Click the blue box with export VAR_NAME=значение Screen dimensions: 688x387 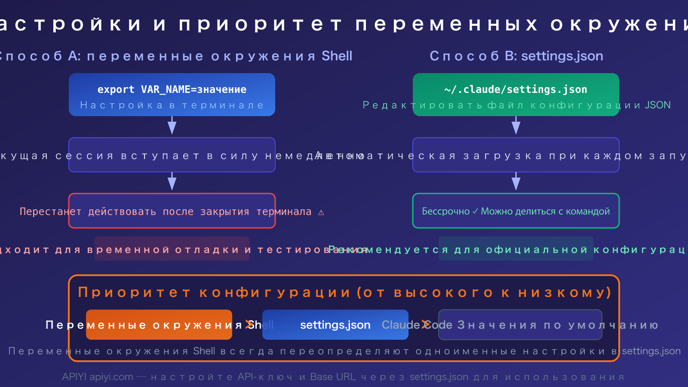tap(172, 95)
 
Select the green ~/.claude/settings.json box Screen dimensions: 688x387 tap(516, 95)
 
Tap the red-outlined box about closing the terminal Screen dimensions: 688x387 tap(172, 211)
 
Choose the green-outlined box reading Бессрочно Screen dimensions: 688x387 tap(516, 211)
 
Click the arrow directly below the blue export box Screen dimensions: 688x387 tap(172, 126)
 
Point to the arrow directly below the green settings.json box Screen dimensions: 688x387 tap(516, 126)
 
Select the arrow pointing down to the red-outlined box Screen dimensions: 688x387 tap(172, 182)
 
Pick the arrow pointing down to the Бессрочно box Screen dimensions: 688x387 tap(516, 182)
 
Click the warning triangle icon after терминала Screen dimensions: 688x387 tap(321, 212)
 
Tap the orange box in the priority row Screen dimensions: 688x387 tap(159, 325)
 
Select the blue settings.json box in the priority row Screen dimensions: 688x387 tap(335, 325)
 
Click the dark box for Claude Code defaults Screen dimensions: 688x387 tap(520, 325)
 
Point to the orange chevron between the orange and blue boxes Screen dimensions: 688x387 tap(249, 324)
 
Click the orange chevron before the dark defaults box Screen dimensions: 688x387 tap(425, 324)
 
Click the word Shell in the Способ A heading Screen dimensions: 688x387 tap(337, 56)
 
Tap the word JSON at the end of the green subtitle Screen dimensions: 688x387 tap(657, 105)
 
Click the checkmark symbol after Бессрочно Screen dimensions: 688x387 tap(475, 211)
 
